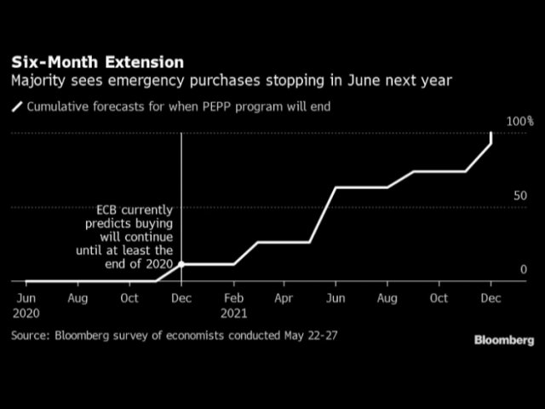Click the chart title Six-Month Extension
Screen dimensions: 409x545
pos(96,62)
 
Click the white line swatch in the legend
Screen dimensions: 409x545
pos(16,108)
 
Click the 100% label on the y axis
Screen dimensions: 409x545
pos(519,122)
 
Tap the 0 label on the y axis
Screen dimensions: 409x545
pos(524,269)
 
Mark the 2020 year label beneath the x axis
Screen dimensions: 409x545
pos(26,313)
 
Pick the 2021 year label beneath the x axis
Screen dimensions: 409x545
pos(234,313)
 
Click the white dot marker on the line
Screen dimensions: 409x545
pos(181,264)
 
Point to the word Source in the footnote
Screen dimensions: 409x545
pos(30,336)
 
